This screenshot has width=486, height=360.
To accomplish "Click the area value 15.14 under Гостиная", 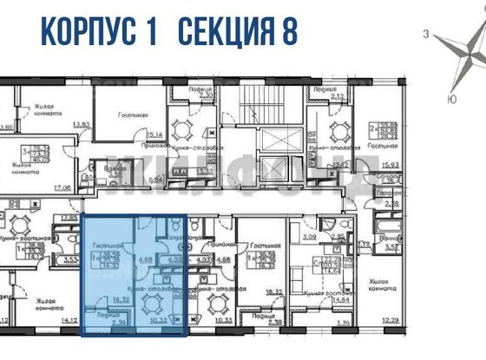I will pos(155,134).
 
